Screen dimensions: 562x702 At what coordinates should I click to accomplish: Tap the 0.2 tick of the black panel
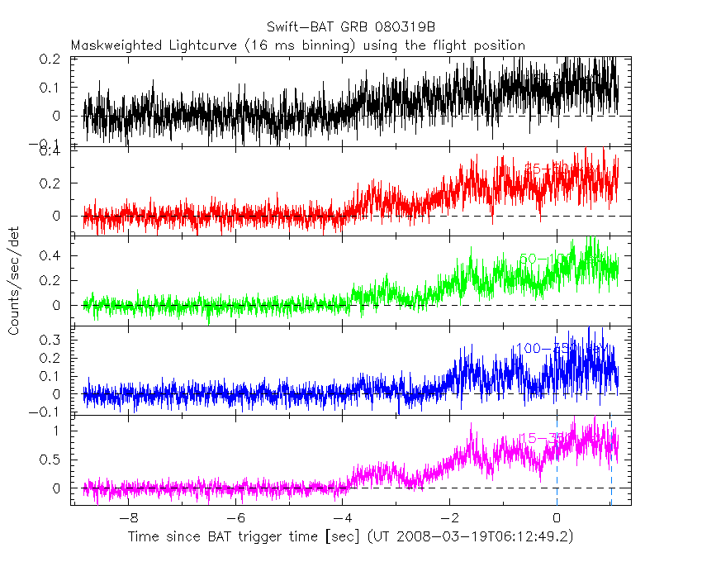click(x=51, y=60)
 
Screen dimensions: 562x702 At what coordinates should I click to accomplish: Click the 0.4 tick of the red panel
click(x=51, y=151)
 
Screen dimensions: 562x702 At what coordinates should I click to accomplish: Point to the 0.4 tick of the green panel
click(x=51, y=256)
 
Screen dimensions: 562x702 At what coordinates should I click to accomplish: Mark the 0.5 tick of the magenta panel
click(x=51, y=460)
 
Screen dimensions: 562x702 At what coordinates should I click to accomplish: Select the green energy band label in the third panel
click(x=549, y=260)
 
